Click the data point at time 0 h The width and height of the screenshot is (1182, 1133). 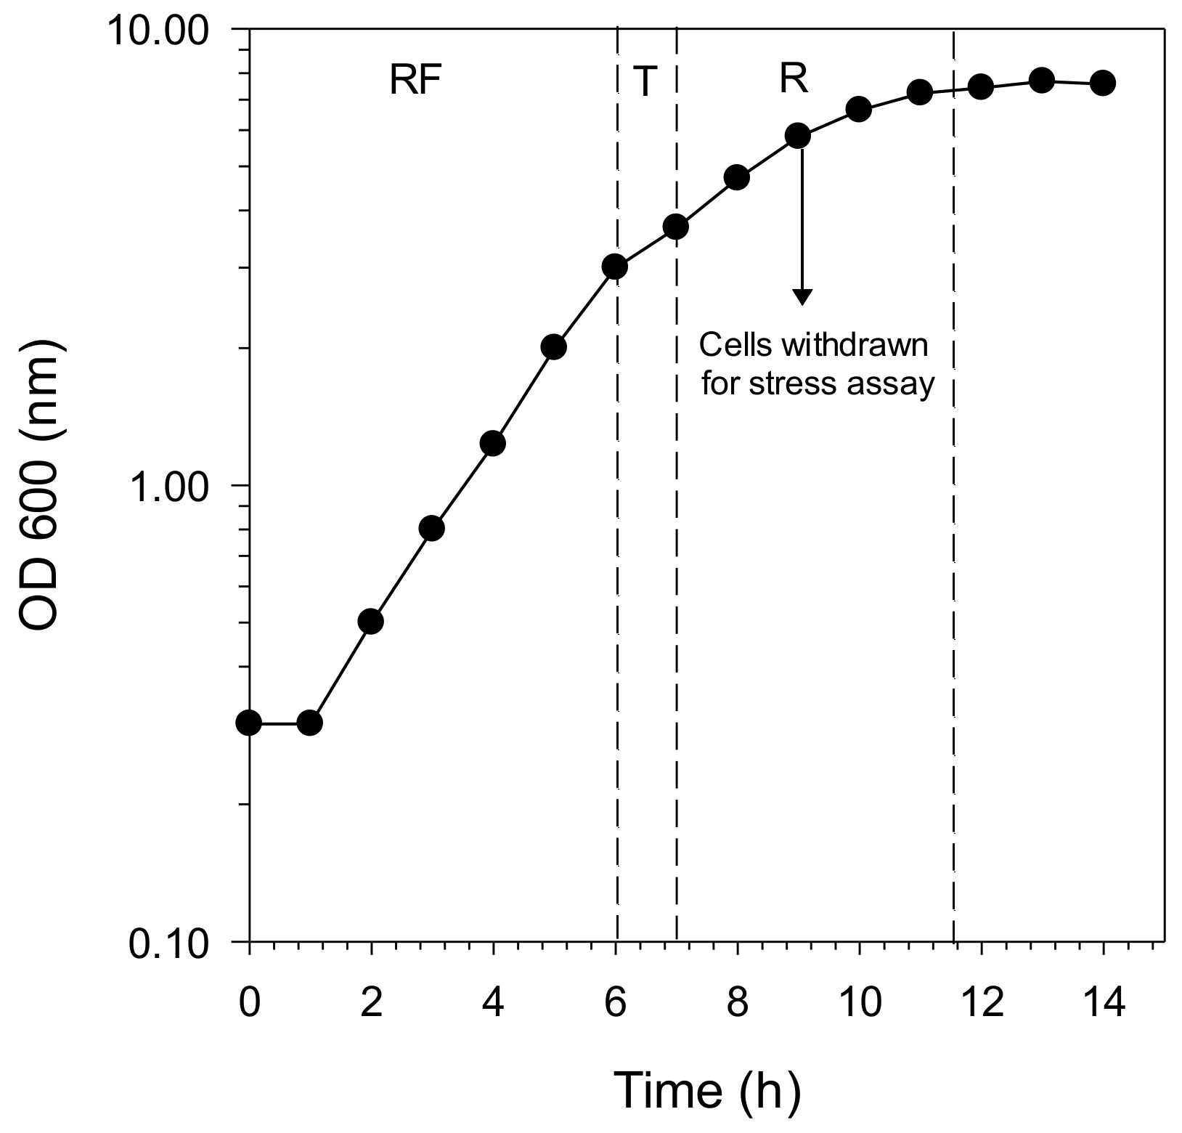[249, 723]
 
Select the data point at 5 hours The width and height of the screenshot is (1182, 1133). [554, 346]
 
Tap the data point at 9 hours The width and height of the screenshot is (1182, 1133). [798, 135]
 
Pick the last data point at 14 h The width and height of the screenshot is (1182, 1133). [1103, 83]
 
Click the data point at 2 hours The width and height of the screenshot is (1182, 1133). [371, 621]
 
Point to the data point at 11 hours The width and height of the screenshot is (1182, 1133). [920, 92]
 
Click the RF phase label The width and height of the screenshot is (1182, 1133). [415, 81]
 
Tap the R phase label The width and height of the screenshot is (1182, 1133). [794, 79]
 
